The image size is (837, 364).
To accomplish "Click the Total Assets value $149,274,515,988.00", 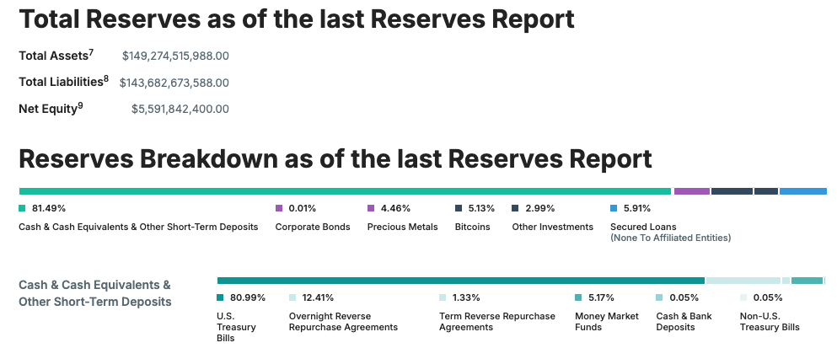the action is coord(175,56).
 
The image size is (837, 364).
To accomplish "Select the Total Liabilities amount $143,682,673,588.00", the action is coord(174,83).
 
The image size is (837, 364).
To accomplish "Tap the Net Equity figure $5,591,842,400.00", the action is coord(180,109).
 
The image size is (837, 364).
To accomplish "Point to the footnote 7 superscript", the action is coord(91,51).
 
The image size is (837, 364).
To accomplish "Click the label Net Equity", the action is coord(48,110).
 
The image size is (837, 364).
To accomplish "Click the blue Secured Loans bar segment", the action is coord(802,191).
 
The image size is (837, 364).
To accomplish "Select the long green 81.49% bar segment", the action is coord(345,191).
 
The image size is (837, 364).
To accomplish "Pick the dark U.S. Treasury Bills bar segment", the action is coord(461,281).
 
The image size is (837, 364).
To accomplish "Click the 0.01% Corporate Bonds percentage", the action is coord(302,208).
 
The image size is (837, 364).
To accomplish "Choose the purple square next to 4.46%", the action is coord(371,208).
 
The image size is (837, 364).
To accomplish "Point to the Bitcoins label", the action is coord(472,227).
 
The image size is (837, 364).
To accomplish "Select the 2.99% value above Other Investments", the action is coord(539,208).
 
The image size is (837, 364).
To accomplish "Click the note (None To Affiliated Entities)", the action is coord(670,238).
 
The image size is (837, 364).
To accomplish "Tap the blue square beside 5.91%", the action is coord(614,208).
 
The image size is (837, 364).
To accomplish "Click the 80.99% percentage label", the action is coord(248,297).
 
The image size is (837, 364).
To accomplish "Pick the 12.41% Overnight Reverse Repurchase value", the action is coord(318,297).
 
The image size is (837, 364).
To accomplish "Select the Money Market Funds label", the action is coord(606,321).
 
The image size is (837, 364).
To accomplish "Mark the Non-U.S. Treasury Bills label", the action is coord(770,321).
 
